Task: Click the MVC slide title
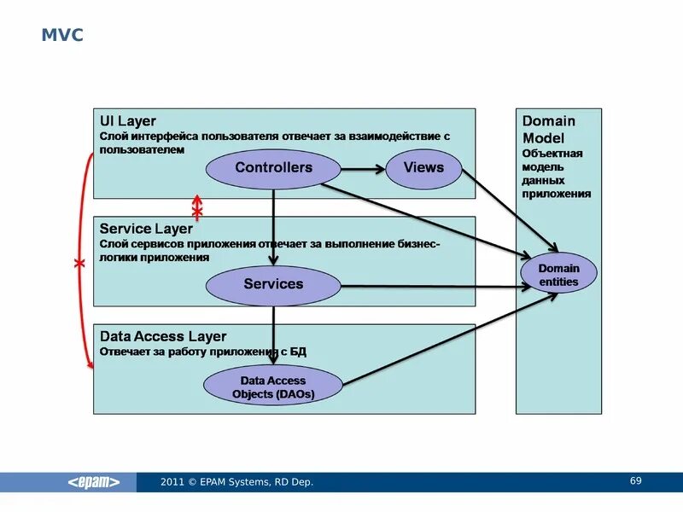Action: (62, 36)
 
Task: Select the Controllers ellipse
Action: (273, 168)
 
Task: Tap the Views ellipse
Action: (423, 167)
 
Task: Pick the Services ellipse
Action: (273, 284)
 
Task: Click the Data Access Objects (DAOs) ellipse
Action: (273, 387)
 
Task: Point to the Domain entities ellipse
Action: (558, 275)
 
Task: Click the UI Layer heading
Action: (128, 121)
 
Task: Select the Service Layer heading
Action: (146, 229)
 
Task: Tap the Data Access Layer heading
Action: (163, 336)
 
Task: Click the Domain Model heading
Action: (548, 129)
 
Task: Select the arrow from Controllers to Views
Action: (363, 168)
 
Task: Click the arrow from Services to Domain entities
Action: (427, 286)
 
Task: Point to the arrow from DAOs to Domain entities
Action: (448, 337)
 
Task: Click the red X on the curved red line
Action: (79, 265)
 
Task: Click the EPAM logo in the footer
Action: (94, 482)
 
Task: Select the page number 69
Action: (635, 481)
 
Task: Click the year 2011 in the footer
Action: (172, 483)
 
